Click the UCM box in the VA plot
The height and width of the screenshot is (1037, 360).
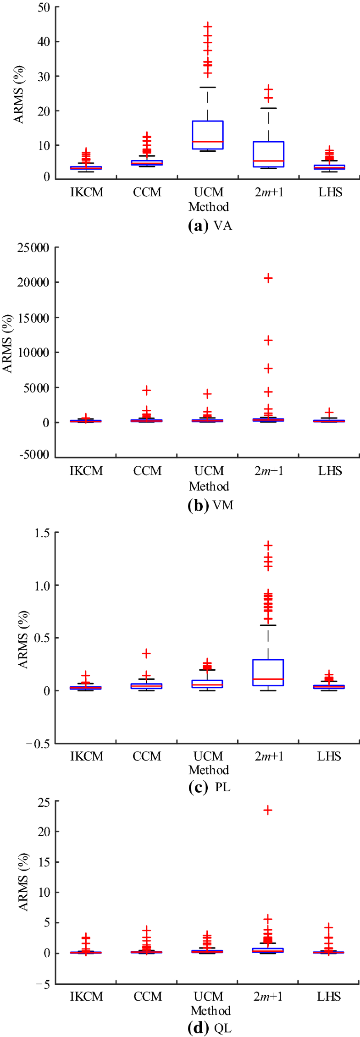click(207, 135)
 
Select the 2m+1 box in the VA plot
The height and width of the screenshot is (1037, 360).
click(268, 154)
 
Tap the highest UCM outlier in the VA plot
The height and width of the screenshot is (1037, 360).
click(208, 26)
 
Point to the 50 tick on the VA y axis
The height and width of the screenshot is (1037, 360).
click(44, 8)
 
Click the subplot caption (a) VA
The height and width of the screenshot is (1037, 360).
click(210, 226)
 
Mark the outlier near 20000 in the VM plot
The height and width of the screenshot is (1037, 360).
click(268, 278)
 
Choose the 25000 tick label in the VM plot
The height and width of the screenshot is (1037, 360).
click(33, 248)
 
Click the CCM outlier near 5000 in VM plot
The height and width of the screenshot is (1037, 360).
click(146, 390)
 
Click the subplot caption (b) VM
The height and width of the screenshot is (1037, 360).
click(210, 505)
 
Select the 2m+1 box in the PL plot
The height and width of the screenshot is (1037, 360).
click(268, 673)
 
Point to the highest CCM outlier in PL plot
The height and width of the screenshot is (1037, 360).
click(146, 653)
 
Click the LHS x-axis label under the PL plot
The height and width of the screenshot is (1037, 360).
click(329, 756)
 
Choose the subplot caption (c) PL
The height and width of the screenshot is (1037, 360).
click(210, 787)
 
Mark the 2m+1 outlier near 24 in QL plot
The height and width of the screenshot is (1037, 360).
click(268, 810)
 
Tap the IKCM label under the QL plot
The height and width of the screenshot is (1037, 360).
click(86, 996)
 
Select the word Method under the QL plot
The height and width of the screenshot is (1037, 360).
click(210, 1010)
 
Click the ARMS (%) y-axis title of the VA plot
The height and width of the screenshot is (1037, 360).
click(19, 94)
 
